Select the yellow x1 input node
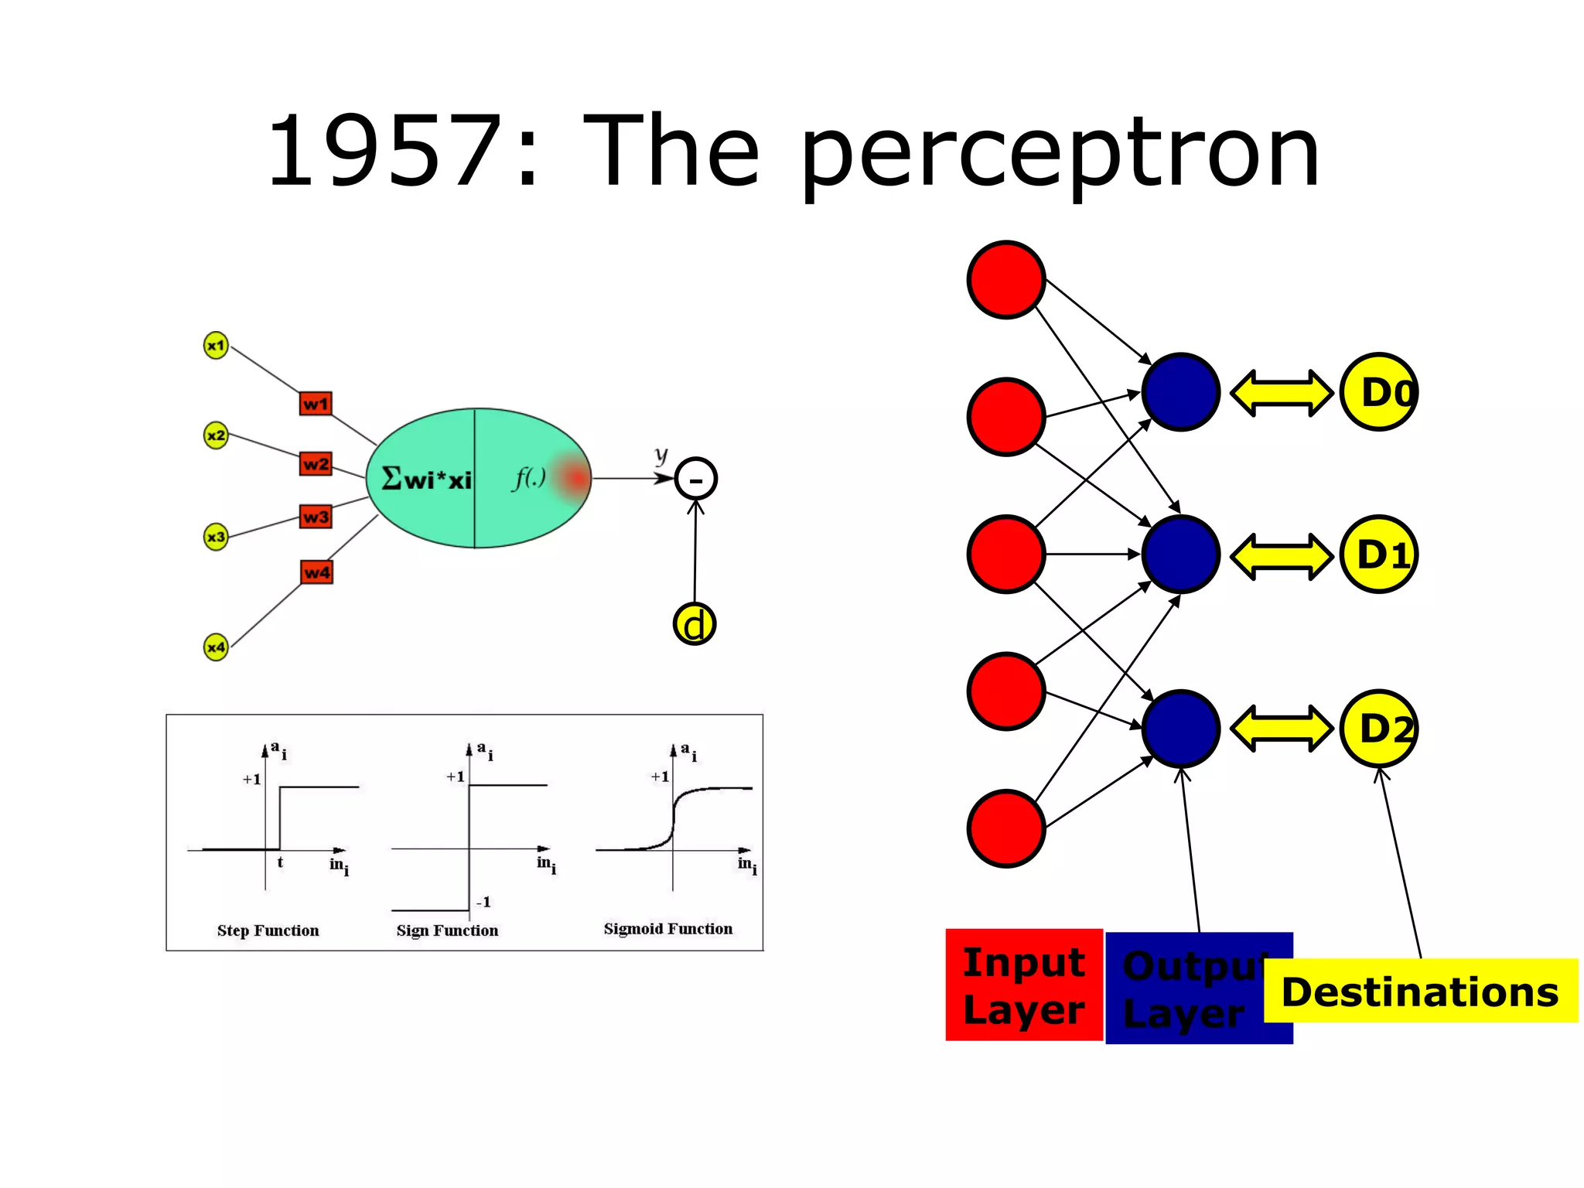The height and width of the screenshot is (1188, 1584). point(216,345)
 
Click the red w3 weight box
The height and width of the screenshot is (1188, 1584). point(316,517)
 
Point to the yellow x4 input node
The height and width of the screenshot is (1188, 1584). point(216,647)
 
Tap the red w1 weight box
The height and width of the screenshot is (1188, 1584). point(316,404)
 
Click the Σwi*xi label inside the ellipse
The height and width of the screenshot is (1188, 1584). point(426,480)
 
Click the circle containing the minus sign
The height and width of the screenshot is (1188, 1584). point(695,480)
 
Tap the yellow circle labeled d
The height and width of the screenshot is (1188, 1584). point(695,624)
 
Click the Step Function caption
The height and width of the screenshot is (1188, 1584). point(268,930)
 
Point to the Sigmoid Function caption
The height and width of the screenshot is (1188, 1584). point(667,929)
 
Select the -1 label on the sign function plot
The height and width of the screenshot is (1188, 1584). point(483,902)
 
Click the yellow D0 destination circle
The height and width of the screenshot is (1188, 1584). point(1378,392)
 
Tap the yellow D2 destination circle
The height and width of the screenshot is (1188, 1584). point(1378,729)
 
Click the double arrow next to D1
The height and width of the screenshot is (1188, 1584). point(1281,555)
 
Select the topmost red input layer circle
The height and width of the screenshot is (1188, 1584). point(1006,279)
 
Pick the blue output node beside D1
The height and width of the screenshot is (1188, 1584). point(1180,555)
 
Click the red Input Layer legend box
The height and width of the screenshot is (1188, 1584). point(1024,985)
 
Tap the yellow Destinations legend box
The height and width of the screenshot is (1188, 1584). point(1420,992)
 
